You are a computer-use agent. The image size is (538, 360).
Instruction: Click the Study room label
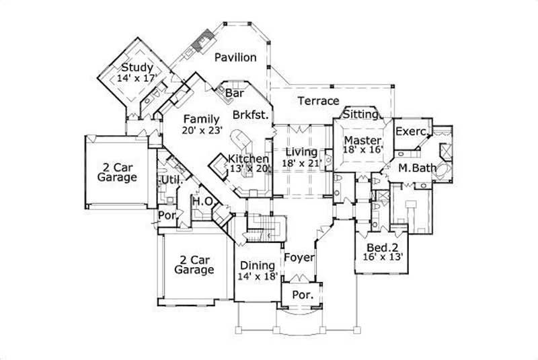(137, 68)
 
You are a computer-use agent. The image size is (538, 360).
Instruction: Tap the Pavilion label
(235, 58)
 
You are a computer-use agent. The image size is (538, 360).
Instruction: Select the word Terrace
(318, 101)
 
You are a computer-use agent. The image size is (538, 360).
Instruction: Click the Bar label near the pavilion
(234, 93)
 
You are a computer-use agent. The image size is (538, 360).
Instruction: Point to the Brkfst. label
(251, 115)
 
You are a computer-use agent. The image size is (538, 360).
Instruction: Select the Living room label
(301, 151)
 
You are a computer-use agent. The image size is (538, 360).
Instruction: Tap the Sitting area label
(361, 115)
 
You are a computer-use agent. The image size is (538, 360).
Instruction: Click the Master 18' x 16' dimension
(363, 149)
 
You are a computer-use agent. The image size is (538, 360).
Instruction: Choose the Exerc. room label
(410, 131)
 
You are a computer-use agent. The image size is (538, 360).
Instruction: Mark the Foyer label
(296, 256)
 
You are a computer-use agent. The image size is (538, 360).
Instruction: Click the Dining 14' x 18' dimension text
(257, 276)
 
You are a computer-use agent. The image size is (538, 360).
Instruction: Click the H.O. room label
(202, 201)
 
